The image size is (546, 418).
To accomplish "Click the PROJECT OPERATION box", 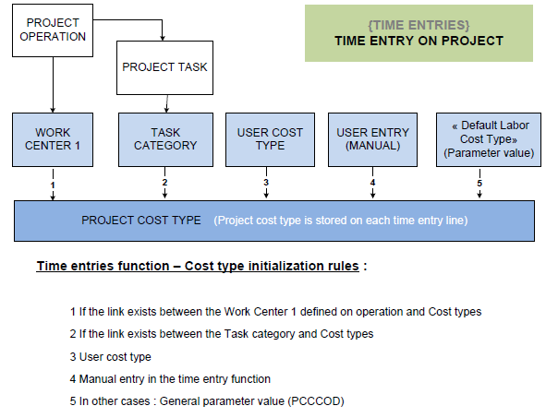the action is coord(53,30).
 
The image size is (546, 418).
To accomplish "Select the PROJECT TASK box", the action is coord(164,67).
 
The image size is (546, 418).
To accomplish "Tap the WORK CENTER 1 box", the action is coord(53,139).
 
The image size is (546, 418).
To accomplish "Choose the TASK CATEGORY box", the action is coord(165,139).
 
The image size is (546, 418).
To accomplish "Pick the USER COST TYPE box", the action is coord(270,139).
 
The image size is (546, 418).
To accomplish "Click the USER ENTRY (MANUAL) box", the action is coord(372,139).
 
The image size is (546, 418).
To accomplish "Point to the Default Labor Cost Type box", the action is coord(489,139).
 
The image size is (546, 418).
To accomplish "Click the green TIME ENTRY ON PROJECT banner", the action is coord(419,33).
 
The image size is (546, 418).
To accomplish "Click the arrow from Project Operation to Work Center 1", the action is coord(53,85).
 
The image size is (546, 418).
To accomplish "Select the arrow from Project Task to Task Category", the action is coord(167,103).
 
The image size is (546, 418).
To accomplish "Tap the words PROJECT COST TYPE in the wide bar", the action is coord(141,221).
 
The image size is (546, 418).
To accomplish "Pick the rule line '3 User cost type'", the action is coord(110,357).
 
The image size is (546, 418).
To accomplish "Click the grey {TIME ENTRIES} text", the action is coord(419,25).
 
